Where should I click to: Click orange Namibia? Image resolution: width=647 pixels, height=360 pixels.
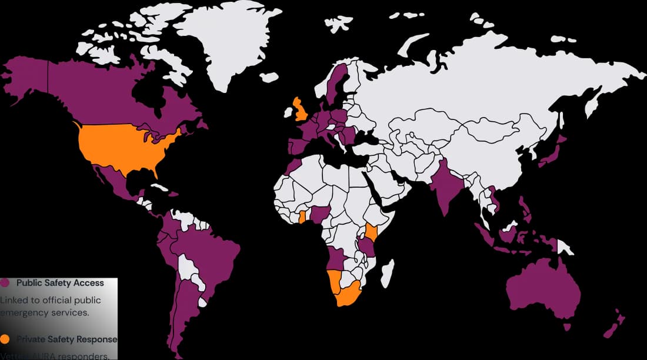tap(333, 282)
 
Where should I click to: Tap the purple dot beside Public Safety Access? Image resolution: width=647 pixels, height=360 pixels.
tap(5, 283)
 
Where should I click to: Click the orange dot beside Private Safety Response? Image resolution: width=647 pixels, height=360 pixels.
tap(5, 339)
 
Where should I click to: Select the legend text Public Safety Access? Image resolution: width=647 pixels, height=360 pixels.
tap(60, 283)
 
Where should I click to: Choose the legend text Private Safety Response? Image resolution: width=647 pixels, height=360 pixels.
tap(66, 339)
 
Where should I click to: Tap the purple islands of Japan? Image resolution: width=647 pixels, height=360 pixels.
tap(553, 153)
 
